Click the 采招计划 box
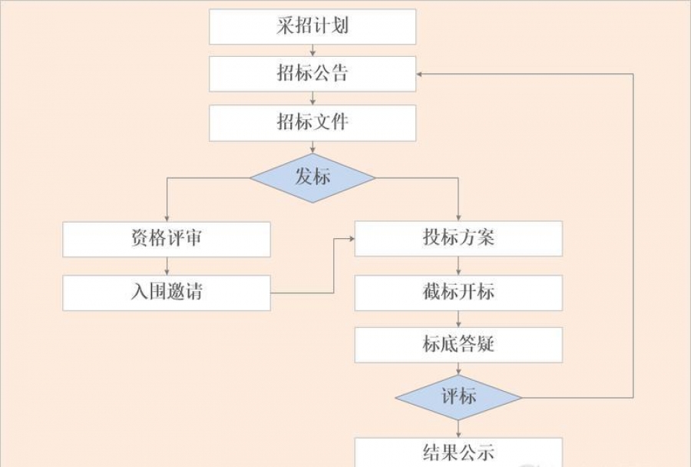312,27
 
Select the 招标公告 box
312,74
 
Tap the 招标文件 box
312,122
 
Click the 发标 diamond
312,177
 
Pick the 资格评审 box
167,239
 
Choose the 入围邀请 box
167,293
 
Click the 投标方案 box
458,239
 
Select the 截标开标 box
458,293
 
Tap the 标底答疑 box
458,345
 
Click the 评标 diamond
458,397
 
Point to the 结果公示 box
458,452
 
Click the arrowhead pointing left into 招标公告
421,75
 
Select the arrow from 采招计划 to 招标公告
312,50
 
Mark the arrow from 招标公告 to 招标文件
312,98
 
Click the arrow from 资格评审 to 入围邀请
167,266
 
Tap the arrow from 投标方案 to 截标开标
458,266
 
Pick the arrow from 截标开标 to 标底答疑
458,319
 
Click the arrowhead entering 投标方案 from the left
351,239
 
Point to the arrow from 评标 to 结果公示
458,428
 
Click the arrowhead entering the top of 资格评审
167,217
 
